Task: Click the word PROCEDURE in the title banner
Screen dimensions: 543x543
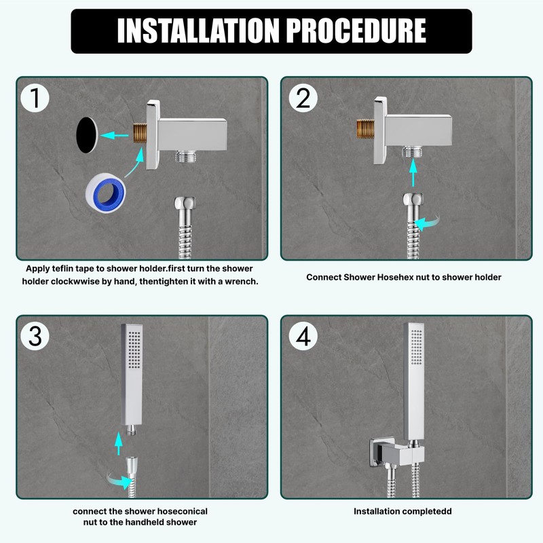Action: click(356, 31)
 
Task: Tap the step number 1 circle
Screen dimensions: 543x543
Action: click(35, 98)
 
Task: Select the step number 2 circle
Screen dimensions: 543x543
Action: click(303, 98)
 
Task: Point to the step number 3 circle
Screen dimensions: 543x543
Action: click(35, 336)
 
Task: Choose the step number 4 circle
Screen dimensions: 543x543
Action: click(303, 336)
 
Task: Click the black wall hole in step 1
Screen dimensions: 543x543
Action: click(87, 135)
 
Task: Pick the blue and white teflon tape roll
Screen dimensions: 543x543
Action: click(106, 193)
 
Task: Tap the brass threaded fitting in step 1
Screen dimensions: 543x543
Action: click(141, 133)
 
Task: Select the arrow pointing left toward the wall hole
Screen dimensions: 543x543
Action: click(114, 135)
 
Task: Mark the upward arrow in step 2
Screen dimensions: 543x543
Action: click(413, 172)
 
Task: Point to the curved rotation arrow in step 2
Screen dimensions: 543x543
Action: click(427, 223)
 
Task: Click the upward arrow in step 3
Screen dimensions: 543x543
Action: click(118, 443)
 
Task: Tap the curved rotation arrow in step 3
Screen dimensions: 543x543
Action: click(118, 481)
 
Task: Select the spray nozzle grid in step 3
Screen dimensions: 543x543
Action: click(134, 350)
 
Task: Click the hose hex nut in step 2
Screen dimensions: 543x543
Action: click(413, 200)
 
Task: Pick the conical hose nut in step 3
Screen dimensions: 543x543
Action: click(132, 465)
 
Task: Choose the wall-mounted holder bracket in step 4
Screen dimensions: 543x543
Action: click(396, 453)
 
